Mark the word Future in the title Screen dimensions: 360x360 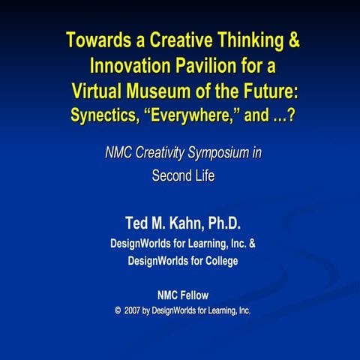267,91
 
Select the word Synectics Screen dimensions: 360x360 106,116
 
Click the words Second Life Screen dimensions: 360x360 183,178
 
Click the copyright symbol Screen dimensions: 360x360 118,310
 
